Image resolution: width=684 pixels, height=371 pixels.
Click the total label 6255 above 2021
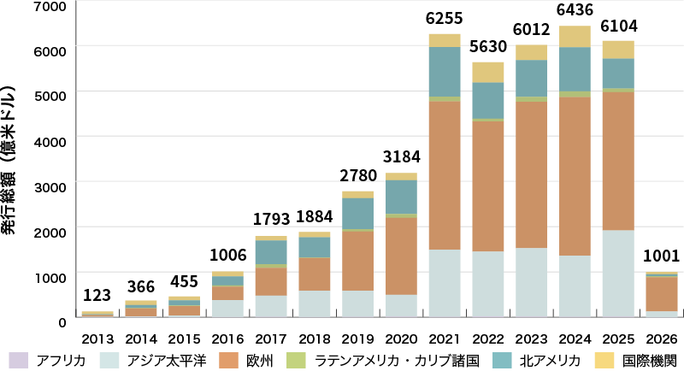444,18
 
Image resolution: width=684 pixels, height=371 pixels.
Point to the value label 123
96,297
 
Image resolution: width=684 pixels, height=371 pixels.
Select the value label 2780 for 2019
356,176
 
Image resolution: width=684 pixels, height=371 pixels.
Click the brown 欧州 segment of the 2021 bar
444,175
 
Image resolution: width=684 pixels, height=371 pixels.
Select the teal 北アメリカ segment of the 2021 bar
444,72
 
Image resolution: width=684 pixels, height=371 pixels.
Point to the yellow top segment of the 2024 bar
575,36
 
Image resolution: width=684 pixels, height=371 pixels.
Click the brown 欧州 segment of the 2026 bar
662,293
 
